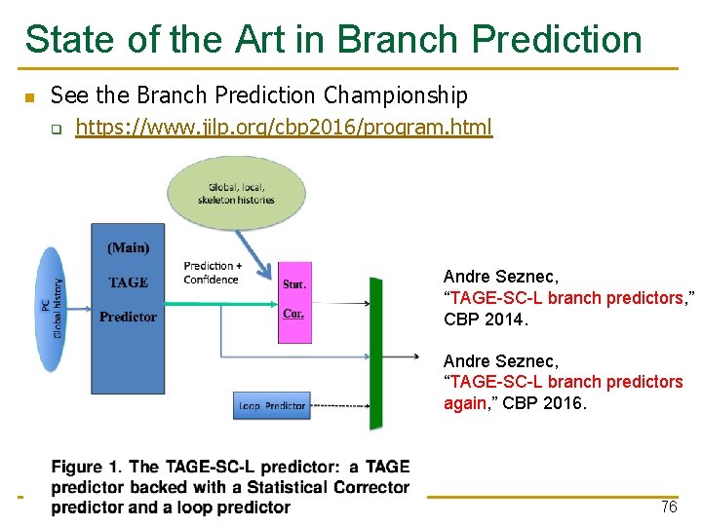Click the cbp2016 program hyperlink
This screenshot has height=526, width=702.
tap(284, 128)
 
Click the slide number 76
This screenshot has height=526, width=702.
tap(668, 507)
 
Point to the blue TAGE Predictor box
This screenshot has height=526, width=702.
tap(128, 292)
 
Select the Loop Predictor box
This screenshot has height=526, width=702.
tap(272, 405)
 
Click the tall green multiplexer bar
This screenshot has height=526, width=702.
tap(375, 353)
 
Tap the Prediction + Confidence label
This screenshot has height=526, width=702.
tap(211, 273)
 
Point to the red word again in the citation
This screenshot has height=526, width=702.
tap(464, 403)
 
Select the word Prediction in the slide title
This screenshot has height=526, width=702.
tap(557, 39)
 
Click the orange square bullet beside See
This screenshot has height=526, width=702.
tap(28, 97)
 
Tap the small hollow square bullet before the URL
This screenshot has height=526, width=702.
tap(57, 129)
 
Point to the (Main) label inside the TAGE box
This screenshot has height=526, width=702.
tap(128, 247)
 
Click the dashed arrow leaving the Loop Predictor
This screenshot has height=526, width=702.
tap(339, 405)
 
